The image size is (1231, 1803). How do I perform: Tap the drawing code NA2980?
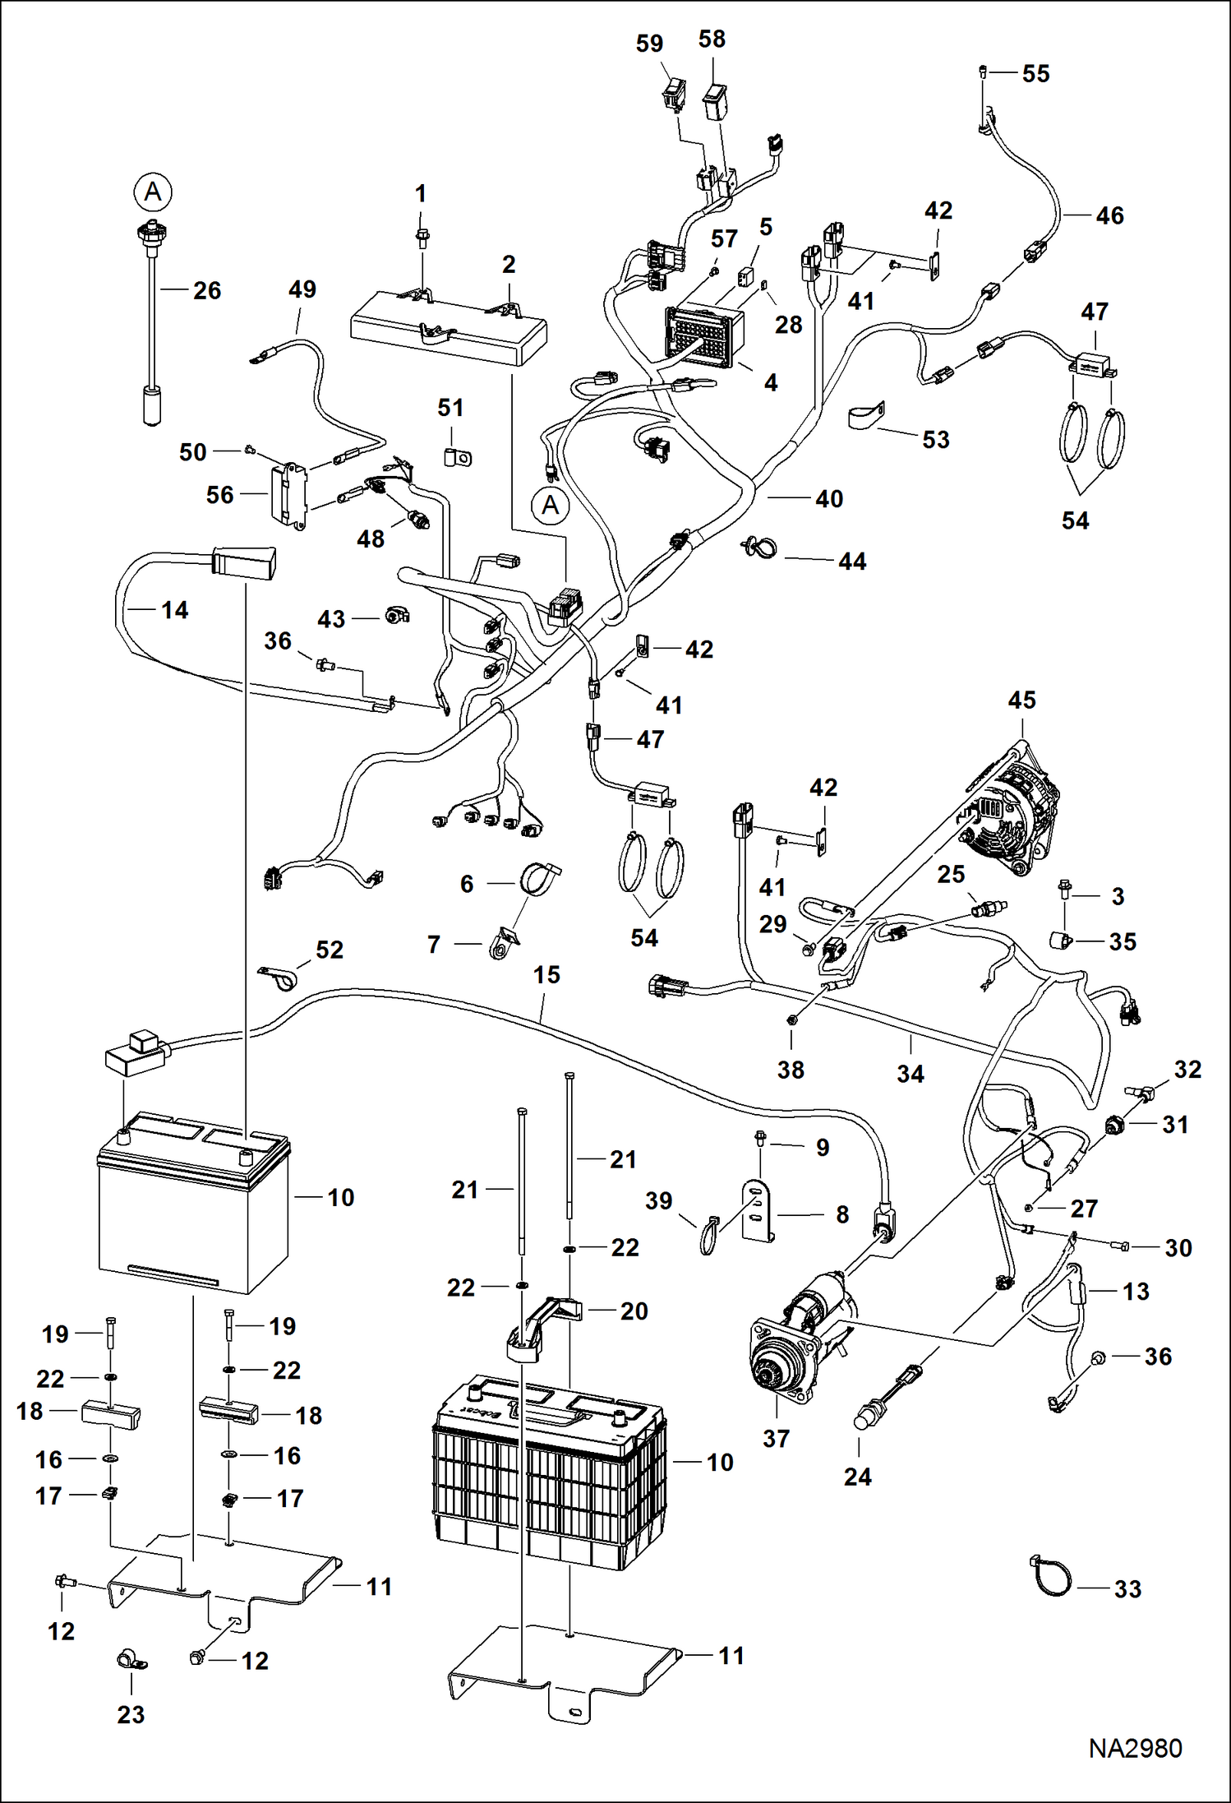[x=1135, y=1749]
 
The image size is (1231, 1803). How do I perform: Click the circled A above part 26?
[x=153, y=192]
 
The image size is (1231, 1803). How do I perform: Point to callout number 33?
[x=1127, y=1589]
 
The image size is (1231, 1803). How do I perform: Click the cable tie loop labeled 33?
[x=1051, y=1577]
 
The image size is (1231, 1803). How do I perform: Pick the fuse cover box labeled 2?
[x=448, y=329]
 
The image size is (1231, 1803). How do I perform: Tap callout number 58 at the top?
[x=712, y=39]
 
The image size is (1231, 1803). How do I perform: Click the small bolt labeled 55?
[x=982, y=72]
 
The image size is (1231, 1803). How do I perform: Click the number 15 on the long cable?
[x=546, y=975]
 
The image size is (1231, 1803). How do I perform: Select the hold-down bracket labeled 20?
[x=542, y=1324]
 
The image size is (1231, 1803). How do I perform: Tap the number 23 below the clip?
[x=131, y=1714]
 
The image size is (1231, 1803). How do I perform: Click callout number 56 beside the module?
[x=219, y=495]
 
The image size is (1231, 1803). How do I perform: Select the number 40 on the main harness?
[x=828, y=499]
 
